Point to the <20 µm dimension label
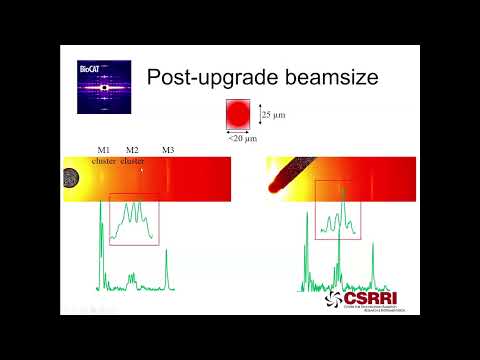tap(240, 138)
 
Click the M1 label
tap(103, 149)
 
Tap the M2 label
tap(132, 149)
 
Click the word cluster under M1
tap(103, 160)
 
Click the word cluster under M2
tap(132, 160)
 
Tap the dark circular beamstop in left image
tap(72, 178)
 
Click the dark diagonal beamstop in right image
tap(284, 176)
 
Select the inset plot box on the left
tap(133, 219)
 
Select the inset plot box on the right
tap(338, 211)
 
